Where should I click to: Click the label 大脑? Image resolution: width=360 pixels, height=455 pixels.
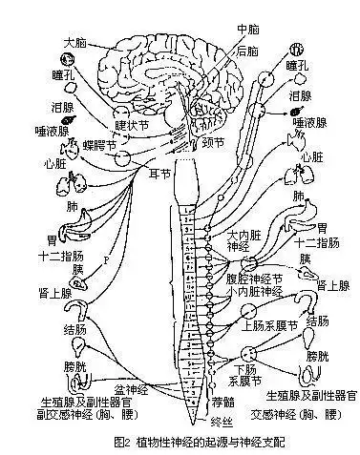[x=75, y=43]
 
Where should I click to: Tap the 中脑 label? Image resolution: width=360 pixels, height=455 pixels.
[x=222, y=30]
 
